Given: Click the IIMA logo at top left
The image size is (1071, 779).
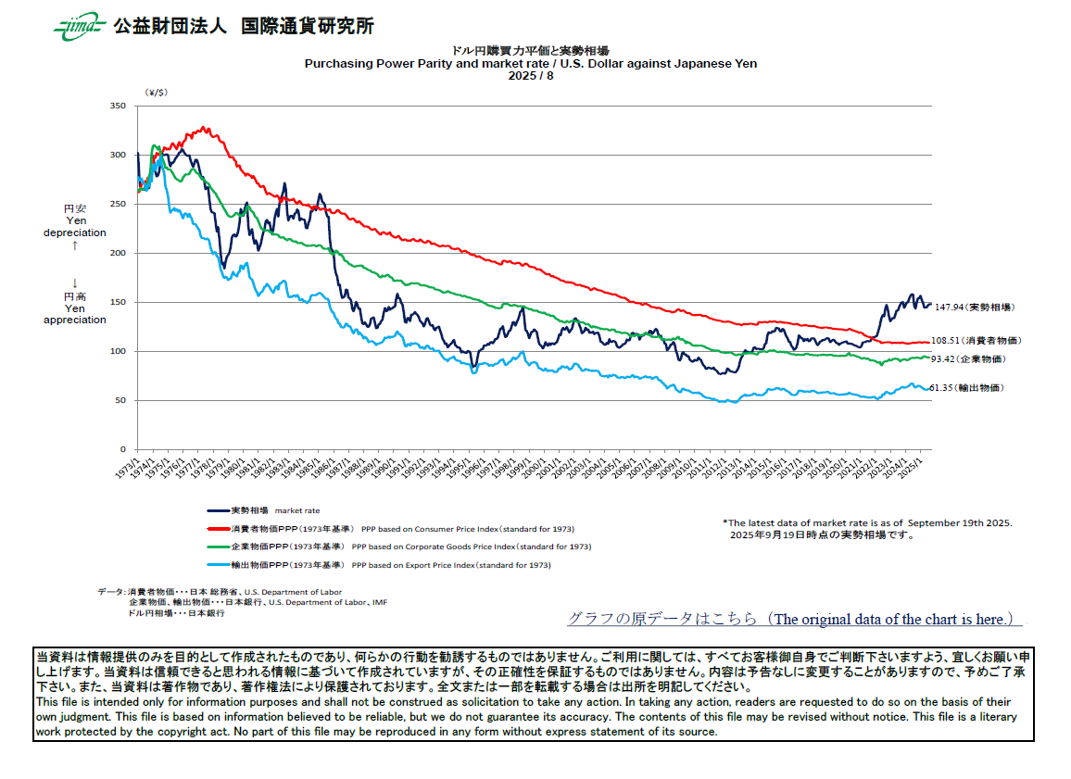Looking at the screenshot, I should [80, 27].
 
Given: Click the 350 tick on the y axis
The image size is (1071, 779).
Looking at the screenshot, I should [117, 107].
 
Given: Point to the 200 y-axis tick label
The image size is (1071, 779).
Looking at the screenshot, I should [117, 253].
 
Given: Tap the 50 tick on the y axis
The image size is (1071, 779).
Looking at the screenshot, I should [120, 400].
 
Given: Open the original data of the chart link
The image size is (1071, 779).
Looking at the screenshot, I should [795, 619].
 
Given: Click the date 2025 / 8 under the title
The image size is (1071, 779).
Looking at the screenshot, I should [531, 76].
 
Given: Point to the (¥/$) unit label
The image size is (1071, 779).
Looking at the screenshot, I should [156, 93].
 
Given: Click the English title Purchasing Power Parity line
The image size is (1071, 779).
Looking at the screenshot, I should [531, 64].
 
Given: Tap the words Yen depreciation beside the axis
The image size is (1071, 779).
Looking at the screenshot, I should [75, 227].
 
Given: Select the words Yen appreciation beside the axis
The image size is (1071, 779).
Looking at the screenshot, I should [75, 314].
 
